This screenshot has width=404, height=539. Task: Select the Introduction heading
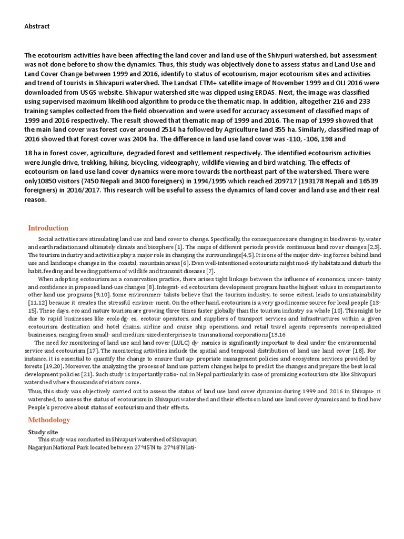pyautogui.click(x=48, y=228)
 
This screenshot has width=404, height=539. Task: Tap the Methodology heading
pyautogui.click(x=49, y=420)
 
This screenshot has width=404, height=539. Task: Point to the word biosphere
pyautogui.click(x=159, y=247)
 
